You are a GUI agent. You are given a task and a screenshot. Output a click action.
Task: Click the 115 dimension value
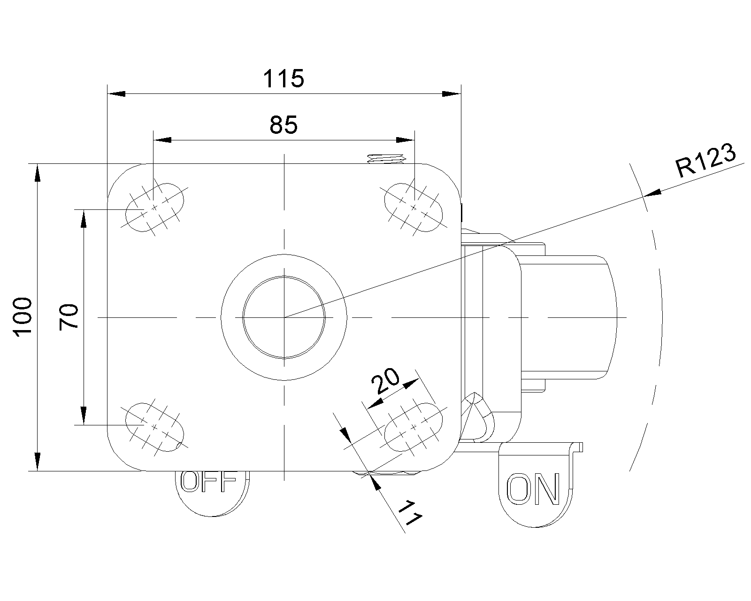[284, 78]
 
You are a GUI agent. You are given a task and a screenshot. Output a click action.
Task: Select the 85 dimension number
[284, 125]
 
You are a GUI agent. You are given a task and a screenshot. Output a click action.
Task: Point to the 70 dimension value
[69, 317]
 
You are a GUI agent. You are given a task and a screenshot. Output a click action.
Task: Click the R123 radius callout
[705, 160]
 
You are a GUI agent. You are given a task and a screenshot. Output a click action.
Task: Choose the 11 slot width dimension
[410, 513]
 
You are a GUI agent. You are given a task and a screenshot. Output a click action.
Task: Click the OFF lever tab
[212, 493]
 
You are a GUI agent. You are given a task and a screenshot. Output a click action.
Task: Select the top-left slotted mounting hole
[154, 207]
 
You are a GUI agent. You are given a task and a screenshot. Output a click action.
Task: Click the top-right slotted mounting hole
[414, 207]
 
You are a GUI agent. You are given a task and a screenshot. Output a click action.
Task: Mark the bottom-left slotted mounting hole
[154, 427]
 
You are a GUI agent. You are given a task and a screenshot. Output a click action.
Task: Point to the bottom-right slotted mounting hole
[414, 427]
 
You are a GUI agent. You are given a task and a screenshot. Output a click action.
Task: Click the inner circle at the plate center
[284, 317]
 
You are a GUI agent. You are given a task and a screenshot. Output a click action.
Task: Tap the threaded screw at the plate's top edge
[386, 159]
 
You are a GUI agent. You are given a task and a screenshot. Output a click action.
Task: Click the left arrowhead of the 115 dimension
[116, 93]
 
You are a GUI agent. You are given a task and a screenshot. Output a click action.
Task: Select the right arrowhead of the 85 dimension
[405, 140]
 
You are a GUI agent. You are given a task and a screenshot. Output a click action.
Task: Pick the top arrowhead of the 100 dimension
[38, 173]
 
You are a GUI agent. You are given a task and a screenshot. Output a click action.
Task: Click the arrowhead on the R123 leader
[652, 193]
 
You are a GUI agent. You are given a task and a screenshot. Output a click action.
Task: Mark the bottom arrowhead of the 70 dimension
[84, 416]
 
